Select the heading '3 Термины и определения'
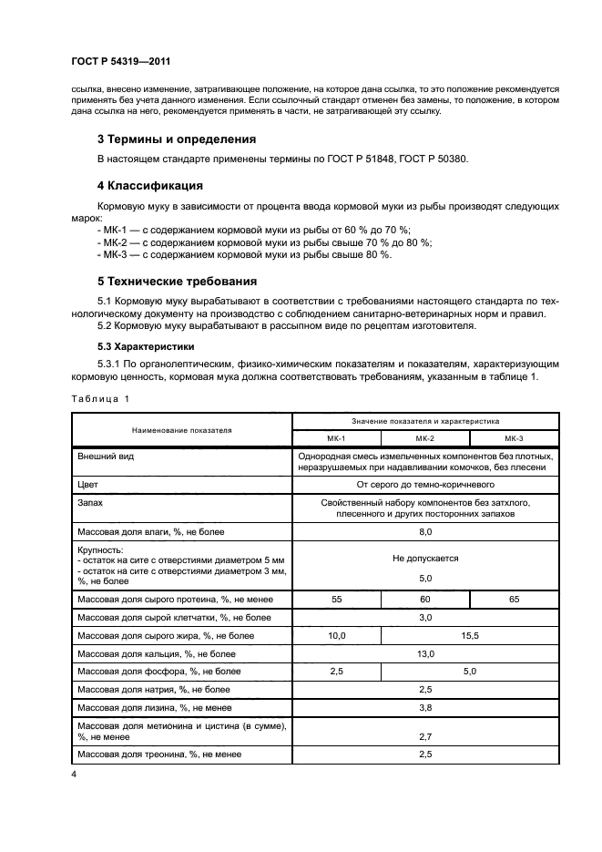tap(176, 139)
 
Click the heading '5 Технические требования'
tap(178, 281)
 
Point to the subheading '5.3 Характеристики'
tap(148, 346)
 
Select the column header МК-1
tap(335, 438)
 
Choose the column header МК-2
tap(424, 438)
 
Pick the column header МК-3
tap(514, 438)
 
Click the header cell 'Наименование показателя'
tap(181, 429)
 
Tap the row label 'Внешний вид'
tap(106, 455)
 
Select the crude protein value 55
tap(335, 599)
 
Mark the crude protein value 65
tap(514, 599)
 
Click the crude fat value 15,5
tap(469, 635)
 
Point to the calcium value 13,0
tap(424, 653)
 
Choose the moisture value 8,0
tap(424, 531)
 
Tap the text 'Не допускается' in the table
tap(424, 558)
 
